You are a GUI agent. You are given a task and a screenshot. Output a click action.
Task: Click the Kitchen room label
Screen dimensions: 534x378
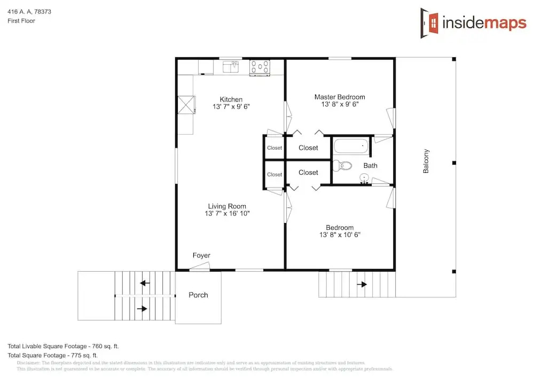(x=231, y=99)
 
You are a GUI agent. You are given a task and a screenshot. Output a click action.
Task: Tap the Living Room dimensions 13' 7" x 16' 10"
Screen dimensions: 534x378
(x=227, y=214)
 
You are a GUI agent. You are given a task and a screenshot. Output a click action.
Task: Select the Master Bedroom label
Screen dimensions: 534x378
(x=340, y=97)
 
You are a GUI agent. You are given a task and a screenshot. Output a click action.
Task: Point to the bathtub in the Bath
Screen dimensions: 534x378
(x=351, y=146)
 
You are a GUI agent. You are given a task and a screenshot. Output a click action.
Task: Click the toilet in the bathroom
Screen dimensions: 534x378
(x=342, y=166)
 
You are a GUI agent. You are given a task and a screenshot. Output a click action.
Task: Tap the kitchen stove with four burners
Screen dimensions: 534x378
(x=260, y=68)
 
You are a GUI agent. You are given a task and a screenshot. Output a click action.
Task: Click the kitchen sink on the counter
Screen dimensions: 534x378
(x=231, y=67)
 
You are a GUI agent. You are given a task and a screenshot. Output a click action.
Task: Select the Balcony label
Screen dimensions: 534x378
(x=426, y=161)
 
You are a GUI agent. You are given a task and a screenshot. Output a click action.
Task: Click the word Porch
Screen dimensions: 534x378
(x=198, y=295)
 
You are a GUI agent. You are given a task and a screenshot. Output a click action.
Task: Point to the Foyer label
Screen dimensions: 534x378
(x=201, y=255)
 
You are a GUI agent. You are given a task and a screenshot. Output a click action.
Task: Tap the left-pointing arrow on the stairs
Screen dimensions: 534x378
(x=145, y=283)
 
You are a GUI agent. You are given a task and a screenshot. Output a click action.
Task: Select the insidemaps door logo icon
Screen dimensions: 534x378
(x=429, y=23)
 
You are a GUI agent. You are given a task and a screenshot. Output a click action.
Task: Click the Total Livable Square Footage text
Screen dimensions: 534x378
(x=63, y=346)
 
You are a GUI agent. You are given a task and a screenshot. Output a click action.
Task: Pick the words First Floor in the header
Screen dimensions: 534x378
(x=21, y=21)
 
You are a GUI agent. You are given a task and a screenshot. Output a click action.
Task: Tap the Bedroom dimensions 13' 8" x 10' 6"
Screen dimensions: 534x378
(x=340, y=235)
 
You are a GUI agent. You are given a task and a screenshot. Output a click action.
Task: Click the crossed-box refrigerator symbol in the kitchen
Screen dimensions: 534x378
(x=186, y=105)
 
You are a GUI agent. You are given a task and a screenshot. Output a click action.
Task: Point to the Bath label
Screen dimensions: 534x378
(x=370, y=166)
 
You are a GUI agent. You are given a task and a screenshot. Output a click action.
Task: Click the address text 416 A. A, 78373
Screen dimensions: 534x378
(x=29, y=12)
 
